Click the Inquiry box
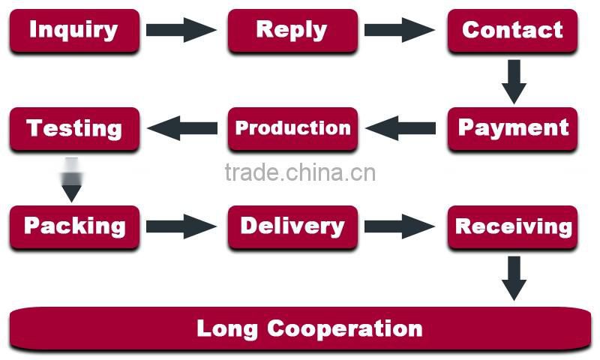click(x=73, y=31)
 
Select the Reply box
click(x=292, y=31)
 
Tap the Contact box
click(x=512, y=31)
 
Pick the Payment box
click(x=512, y=128)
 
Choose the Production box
click(x=292, y=128)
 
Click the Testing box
click(x=73, y=128)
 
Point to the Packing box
click(x=73, y=226)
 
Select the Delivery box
click(x=292, y=226)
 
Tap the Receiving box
click(x=512, y=226)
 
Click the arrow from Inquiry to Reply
click(x=181, y=30)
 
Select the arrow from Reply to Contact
click(x=400, y=30)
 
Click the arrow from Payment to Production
click(x=401, y=128)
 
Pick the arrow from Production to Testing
click(x=182, y=128)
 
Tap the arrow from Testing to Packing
click(x=71, y=180)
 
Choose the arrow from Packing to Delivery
click(x=181, y=226)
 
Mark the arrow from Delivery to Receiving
click(x=400, y=226)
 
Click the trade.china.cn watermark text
click(x=300, y=173)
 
